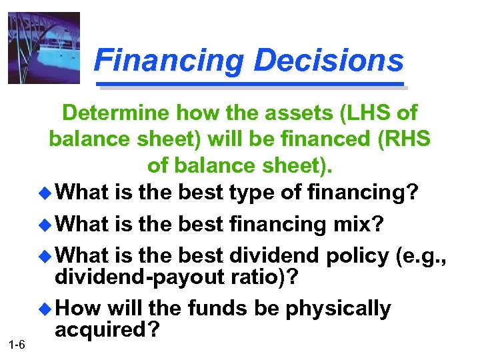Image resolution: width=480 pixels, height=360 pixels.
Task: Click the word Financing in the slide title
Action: click(170, 61)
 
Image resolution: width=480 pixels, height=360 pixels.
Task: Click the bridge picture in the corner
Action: click(44, 47)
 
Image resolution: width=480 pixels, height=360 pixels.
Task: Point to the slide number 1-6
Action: click(17, 344)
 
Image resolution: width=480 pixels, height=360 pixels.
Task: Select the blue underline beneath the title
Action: click(251, 85)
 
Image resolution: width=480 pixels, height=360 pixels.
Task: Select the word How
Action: click(79, 309)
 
